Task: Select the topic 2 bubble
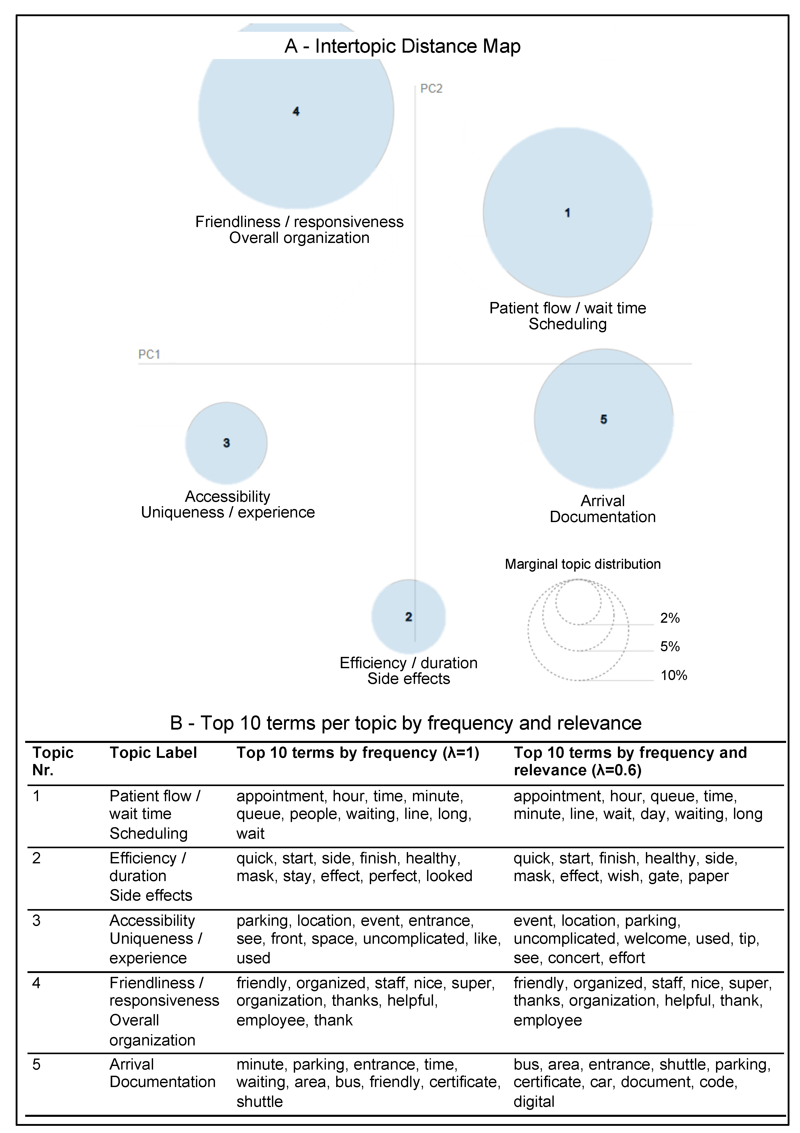tap(409, 616)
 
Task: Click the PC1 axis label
tap(149, 354)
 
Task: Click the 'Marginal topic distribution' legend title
tap(582, 564)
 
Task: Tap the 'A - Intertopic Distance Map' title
tap(402, 46)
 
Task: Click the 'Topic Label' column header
tap(153, 752)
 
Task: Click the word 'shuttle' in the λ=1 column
tap(260, 1101)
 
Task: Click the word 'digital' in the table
tap(534, 1101)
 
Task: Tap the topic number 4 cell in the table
tap(36, 983)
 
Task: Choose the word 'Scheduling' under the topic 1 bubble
tap(568, 324)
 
